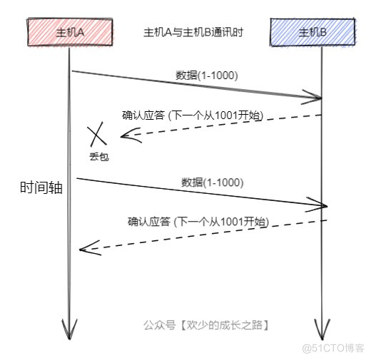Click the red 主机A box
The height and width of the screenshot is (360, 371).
(x=69, y=32)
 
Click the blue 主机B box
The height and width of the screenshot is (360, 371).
(x=312, y=32)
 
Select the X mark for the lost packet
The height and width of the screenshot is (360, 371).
(x=98, y=135)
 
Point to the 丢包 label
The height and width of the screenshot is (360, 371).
(x=99, y=155)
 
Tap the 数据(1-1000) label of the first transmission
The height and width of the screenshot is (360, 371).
(x=207, y=75)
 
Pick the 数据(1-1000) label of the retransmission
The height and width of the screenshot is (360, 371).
(x=213, y=182)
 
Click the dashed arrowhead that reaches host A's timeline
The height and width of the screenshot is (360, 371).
(x=85, y=249)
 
